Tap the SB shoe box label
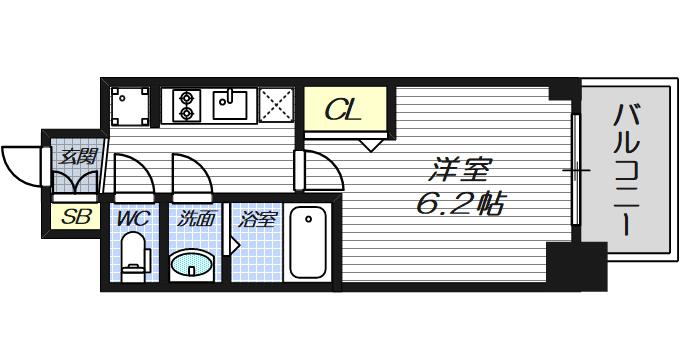click(76, 216)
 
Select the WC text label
click(134, 218)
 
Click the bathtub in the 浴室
click(307, 242)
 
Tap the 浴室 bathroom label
click(257, 219)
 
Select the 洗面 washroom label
click(196, 219)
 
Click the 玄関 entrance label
click(78, 156)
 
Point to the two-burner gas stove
click(186, 105)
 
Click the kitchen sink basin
click(230, 105)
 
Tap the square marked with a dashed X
click(277, 105)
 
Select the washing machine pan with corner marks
click(130, 106)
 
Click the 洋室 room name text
click(459, 170)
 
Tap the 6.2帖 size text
click(460, 203)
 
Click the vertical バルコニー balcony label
click(627, 170)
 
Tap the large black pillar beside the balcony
click(576, 266)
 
